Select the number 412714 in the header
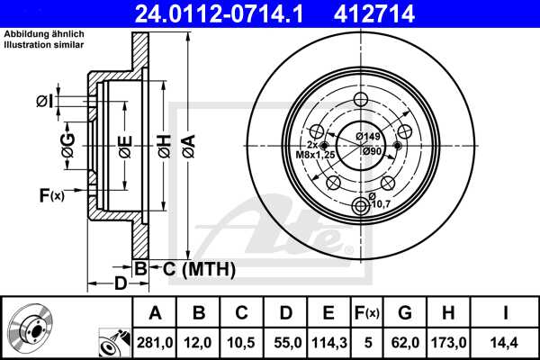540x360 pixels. [405, 13]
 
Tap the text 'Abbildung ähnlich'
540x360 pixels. [44, 34]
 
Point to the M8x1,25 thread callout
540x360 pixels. [317, 153]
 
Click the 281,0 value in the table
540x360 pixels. [154, 343]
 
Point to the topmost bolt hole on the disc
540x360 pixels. [363, 100]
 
